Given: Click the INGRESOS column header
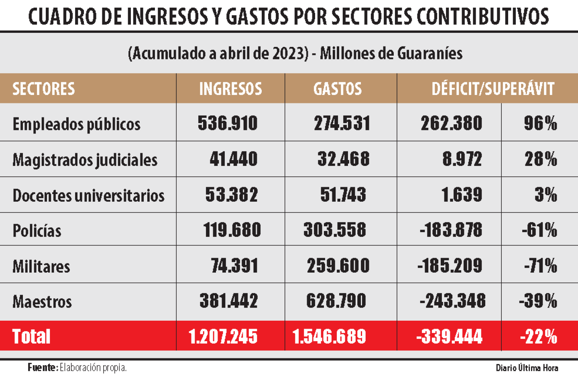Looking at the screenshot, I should [x=230, y=89].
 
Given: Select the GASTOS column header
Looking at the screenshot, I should [x=337, y=89].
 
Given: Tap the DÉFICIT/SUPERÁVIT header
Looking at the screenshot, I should [x=493, y=89].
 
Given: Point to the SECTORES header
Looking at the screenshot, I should [x=43, y=89].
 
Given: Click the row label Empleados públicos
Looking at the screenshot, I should [x=76, y=124].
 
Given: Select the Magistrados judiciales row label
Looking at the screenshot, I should [x=85, y=160].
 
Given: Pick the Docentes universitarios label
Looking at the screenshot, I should [x=88, y=195].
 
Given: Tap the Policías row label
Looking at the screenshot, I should [x=37, y=230].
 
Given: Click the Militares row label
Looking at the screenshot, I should [x=41, y=266].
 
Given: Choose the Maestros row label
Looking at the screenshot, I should [x=42, y=301].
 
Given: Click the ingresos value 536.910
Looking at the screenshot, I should [x=227, y=123].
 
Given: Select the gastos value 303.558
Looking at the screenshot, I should [x=335, y=230].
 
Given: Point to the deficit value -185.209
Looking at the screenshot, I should [x=450, y=265].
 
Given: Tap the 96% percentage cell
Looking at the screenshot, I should [x=540, y=123].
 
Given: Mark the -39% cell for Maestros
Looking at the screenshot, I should [x=538, y=301].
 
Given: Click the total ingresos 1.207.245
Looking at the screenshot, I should [x=223, y=336].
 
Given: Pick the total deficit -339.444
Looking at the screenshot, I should [x=449, y=336].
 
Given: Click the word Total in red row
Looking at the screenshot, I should [x=31, y=336].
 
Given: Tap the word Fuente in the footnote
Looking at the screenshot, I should [x=43, y=367].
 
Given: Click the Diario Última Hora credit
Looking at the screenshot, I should [x=527, y=368].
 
